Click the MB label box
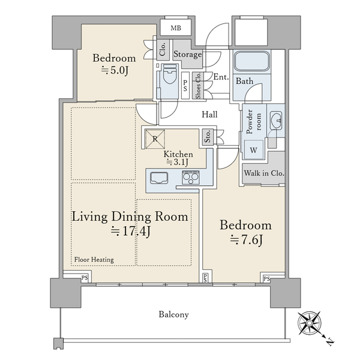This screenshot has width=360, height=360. [x=175, y=28]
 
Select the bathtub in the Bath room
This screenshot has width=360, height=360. [x=252, y=61]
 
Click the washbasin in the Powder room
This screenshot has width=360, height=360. [x=276, y=121]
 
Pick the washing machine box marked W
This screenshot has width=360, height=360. [x=253, y=149]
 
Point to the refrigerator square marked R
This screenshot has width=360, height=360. [x=155, y=139]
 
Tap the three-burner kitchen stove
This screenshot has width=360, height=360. [x=191, y=177]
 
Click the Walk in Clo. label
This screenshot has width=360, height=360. [x=264, y=173]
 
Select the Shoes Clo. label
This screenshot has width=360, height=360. [x=198, y=85]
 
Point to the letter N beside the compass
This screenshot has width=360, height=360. [x=330, y=342]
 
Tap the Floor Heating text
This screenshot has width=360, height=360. [x=94, y=259]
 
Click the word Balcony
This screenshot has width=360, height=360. [x=173, y=314]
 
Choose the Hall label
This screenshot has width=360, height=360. [x=209, y=115]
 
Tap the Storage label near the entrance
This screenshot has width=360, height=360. [x=188, y=55]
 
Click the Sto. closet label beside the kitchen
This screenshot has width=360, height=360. [x=208, y=137]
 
